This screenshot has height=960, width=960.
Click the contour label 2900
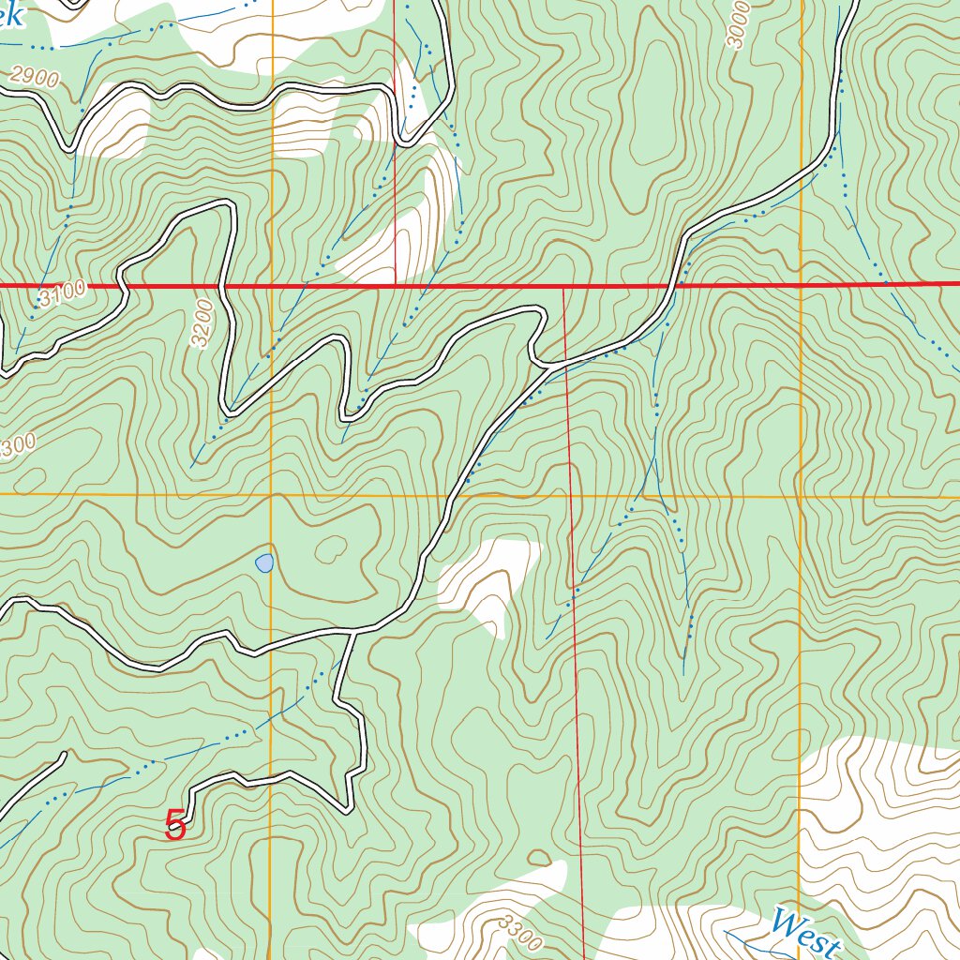[x=37, y=79]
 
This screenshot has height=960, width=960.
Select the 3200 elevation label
[x=202, y=323]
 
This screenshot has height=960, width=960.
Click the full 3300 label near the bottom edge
[x=520, y=931]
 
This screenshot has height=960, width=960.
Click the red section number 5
[x=174, y=826]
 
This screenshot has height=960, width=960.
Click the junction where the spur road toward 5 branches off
[x=353, y=631]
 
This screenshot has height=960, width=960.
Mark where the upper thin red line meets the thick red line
[x=395, y=284]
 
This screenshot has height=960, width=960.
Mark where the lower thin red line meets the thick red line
[x=563, y=284]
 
